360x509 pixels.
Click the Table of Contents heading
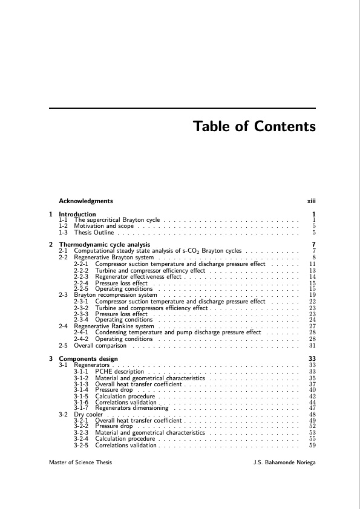[254, 127]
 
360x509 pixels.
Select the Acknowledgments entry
[85, 201]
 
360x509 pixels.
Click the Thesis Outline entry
[94, 232]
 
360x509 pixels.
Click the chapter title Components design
[88, 359]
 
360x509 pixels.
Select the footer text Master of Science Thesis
[80, 462]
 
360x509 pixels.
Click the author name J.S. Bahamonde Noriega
[286, 462]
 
